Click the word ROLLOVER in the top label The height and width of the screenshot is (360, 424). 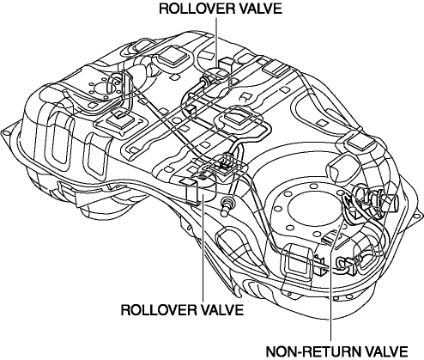[194, 9]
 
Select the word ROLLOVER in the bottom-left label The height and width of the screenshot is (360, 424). [155, 310]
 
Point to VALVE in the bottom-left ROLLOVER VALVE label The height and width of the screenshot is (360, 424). [219, 310]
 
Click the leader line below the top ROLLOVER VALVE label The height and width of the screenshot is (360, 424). [216, 43]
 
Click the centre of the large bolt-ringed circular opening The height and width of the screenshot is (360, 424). [305, 208]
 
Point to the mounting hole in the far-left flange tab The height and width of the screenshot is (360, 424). [4, 132]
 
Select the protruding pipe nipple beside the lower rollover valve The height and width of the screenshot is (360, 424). [227, 205]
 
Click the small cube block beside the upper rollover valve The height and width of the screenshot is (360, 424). [226, 64]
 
